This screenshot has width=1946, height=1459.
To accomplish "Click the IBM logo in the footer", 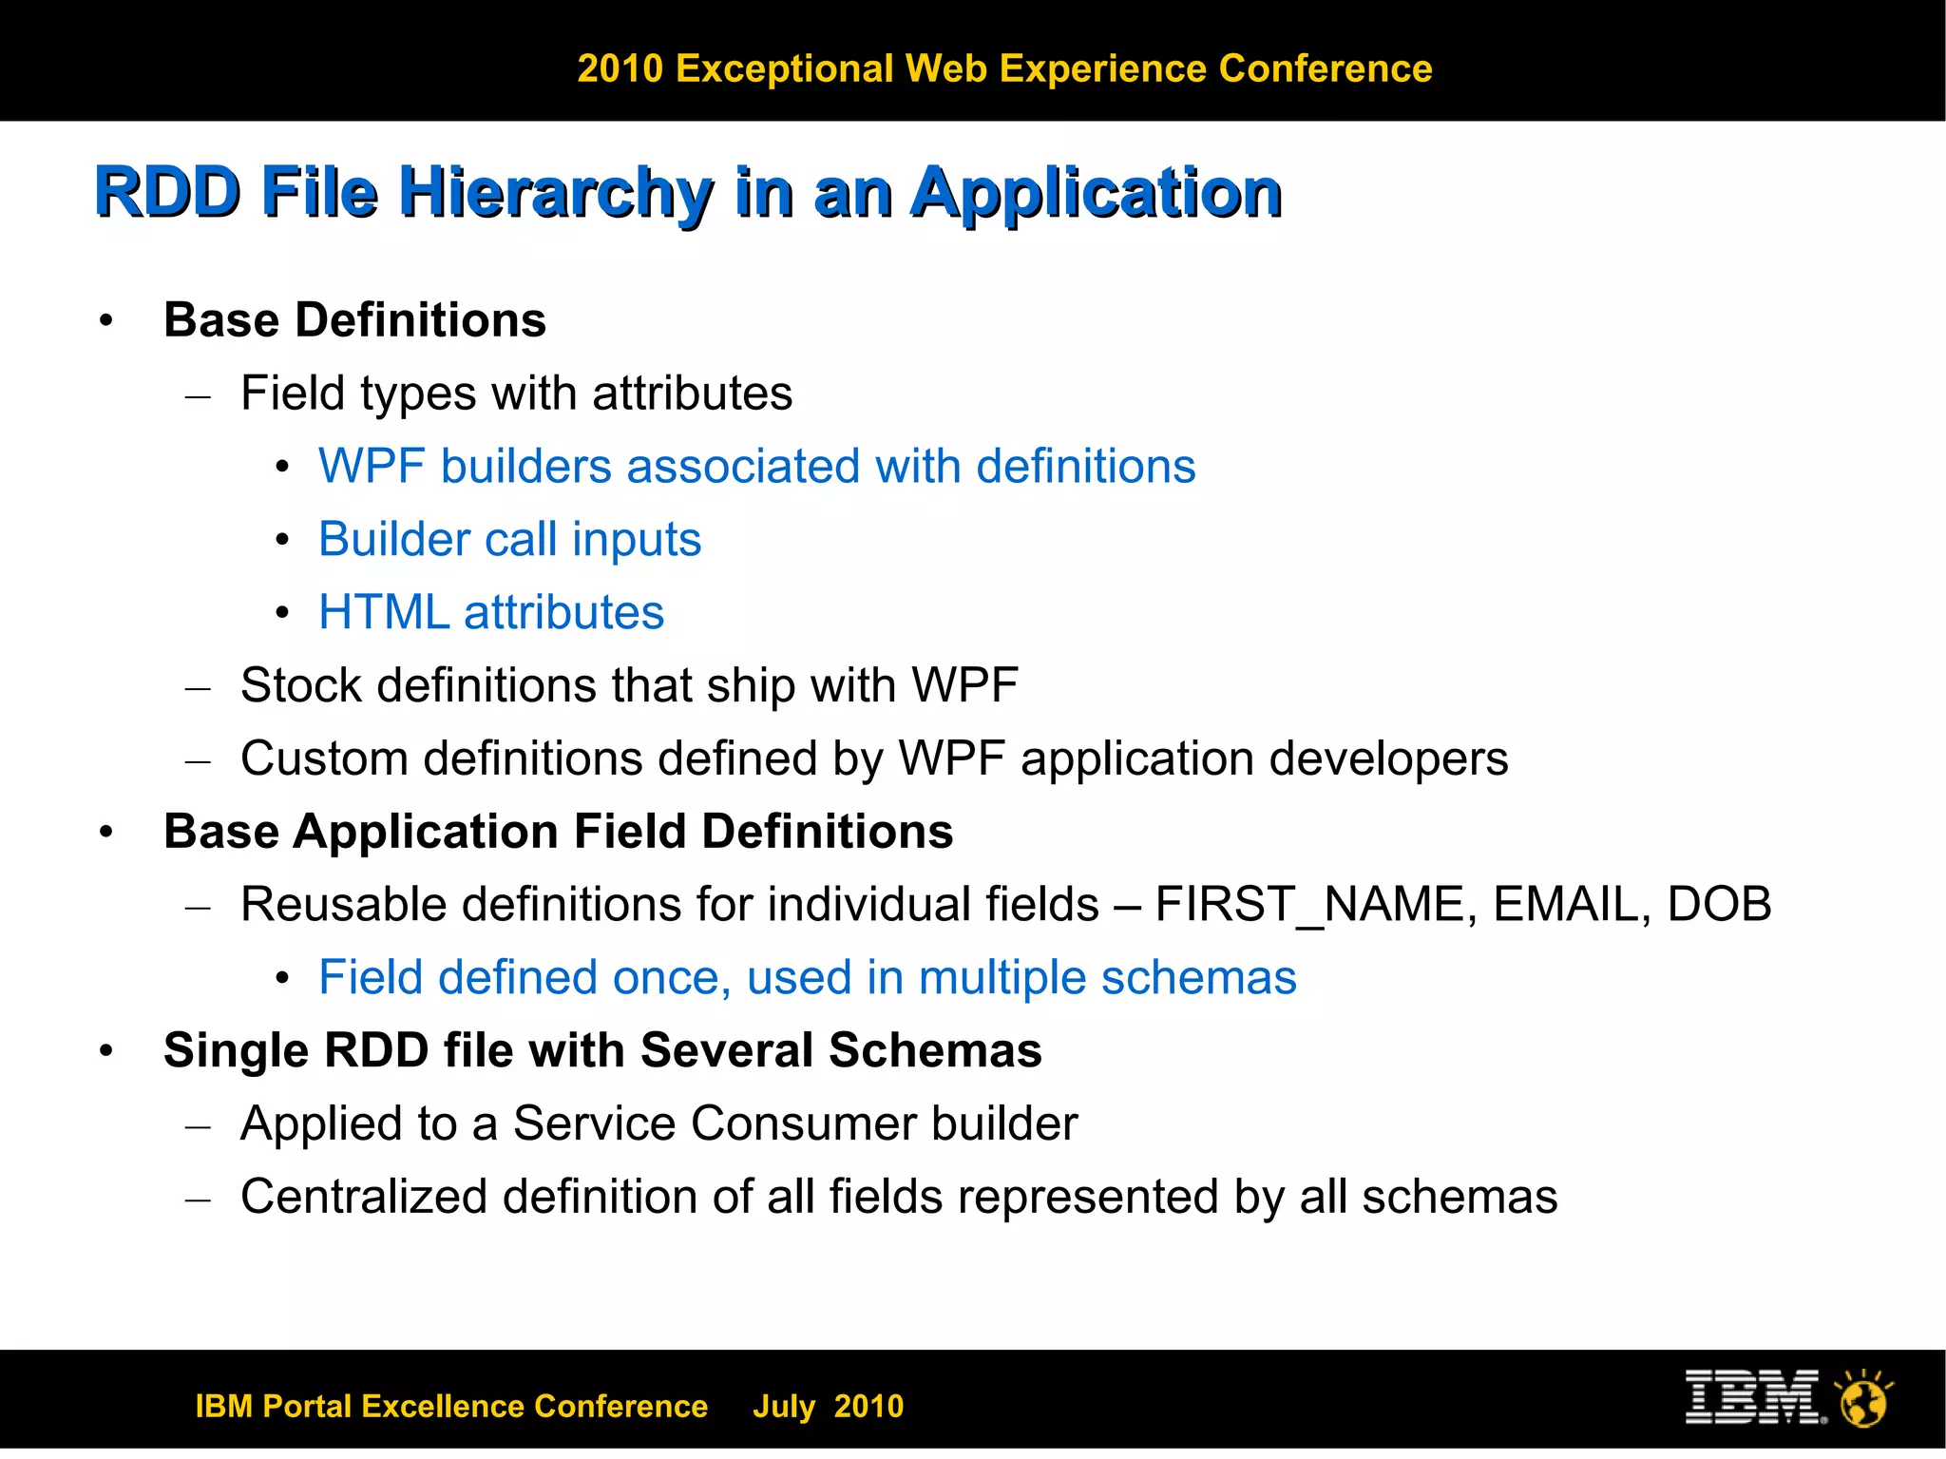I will pyautogui.click(x=1754, y=1397).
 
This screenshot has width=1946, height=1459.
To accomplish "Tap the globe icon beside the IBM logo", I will pyautogui.click(x=1863, y=1400).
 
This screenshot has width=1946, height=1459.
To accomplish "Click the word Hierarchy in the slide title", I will pyautogui.click(x=555, y=193).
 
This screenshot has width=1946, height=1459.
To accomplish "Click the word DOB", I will pyautogui.click(x=1719, y=904).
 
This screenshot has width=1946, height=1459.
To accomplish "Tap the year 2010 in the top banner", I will pyautogui.click(x=620, y=68).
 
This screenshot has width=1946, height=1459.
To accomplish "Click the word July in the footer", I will pyautogui.click(x=783, y=1406).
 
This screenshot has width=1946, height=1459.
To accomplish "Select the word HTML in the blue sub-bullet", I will pyautogui.click(x=383, y=612).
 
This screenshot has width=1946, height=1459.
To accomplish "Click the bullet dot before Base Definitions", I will pyautogui.click(x=106, y=321).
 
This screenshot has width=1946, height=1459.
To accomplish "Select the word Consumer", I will pyautogui.click(x=803, y=1123).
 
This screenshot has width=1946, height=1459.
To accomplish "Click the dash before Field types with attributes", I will pyautogui.click(x=198, y=395).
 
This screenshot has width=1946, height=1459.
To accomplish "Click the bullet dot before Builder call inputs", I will pyautogui.click(x=282, y=541).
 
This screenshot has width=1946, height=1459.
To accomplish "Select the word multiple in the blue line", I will pyautogui.click(x=1002, y=978).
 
